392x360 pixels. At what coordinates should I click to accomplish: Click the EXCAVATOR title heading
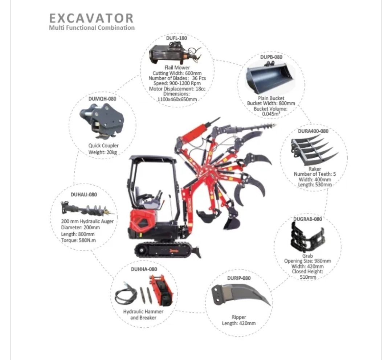(x=91, y=18)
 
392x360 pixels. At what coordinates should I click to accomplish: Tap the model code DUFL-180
(x=176, y=38)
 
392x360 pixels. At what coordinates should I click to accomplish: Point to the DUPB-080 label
(x=271, y=57)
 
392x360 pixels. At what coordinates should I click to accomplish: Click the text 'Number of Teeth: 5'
(x=315, y=174)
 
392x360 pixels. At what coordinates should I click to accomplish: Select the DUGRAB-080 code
(x=307, y=219)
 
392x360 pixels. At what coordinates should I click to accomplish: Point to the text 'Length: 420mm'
(x=238, y=323)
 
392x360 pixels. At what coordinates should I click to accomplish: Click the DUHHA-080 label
(x=144, y=269)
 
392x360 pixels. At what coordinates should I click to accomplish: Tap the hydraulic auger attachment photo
(x=87, y=209)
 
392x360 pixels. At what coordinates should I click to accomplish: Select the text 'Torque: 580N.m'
(x=78, y=240)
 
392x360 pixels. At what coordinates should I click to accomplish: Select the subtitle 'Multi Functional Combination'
(x=91, y=28)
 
